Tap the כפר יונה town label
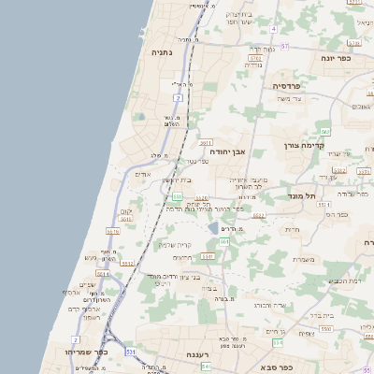click(x=337, y=58)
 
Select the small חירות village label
click(x=291, y=229)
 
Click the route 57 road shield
click(x=284, y=46)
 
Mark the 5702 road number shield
click(x=254, y=59)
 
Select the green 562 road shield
click(x=324, y=132)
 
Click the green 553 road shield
click(x=177, y=196)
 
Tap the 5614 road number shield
click(x=102, y=274)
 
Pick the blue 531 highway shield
click(x=129, y=351)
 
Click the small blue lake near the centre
click(x=214, y=227)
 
